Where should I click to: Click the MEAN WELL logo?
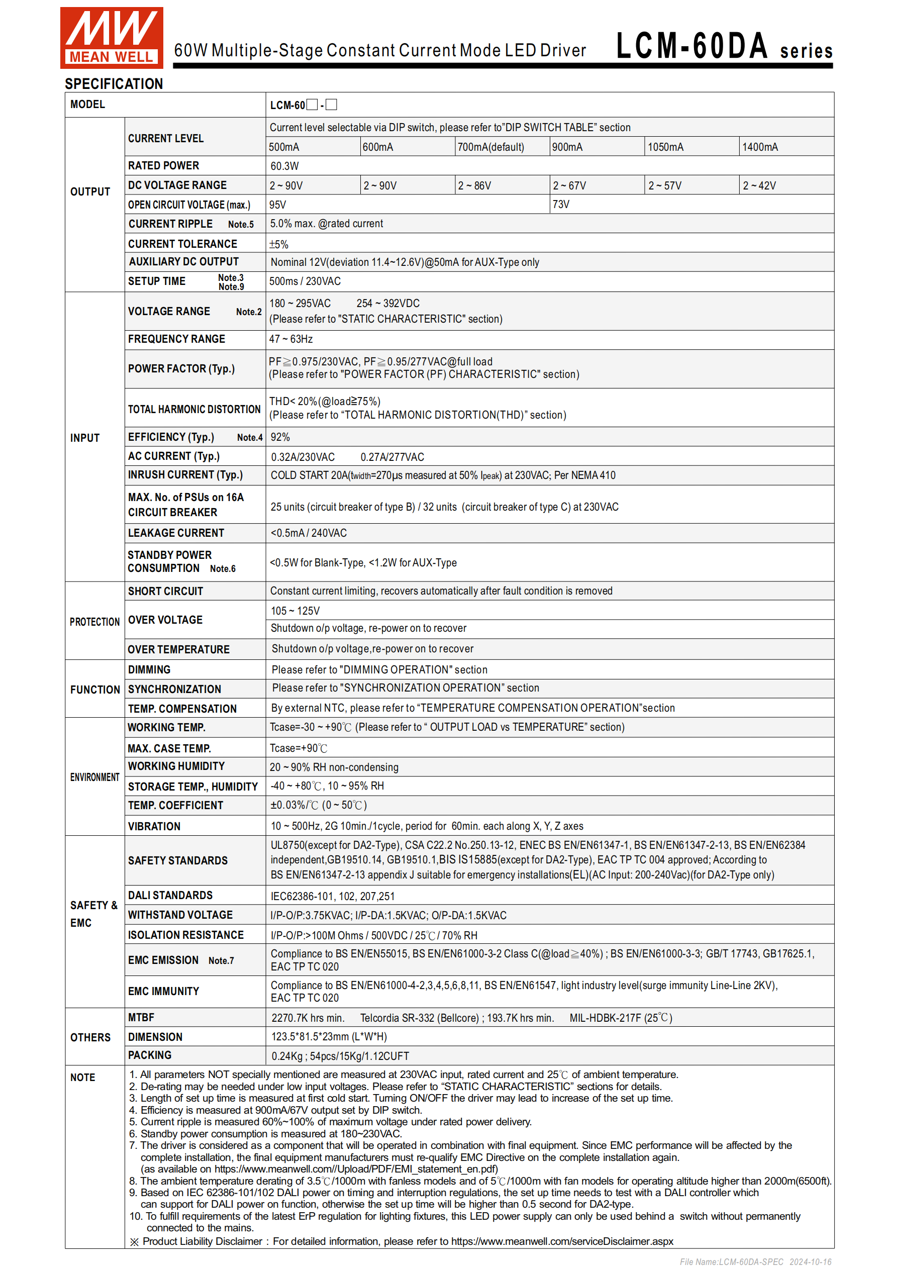[x=112, y=38]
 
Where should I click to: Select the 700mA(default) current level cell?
[x=491, y=147]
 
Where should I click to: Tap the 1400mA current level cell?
[x=760, y=147]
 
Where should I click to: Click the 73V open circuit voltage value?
[x=561, y=205]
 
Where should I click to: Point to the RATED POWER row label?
[x=164, y=166]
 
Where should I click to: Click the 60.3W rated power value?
[x=284, y=166]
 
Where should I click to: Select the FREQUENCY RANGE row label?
[x=177, y=339]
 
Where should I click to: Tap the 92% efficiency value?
[x=280, y=437]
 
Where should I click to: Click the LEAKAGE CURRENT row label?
[x=176, y=533]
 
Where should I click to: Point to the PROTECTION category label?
[x=94, y=622]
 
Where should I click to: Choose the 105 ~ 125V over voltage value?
[x=295, y=611]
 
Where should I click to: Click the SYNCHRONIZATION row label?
[x=175, y=689]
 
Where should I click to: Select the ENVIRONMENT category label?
[x=94, y=777]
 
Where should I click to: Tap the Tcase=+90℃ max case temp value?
[x=298, y=748]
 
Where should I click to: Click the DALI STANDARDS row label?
[x=170, y=896]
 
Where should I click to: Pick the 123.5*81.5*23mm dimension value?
[x=329, y=1037]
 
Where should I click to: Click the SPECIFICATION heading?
[x=114, y=84]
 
